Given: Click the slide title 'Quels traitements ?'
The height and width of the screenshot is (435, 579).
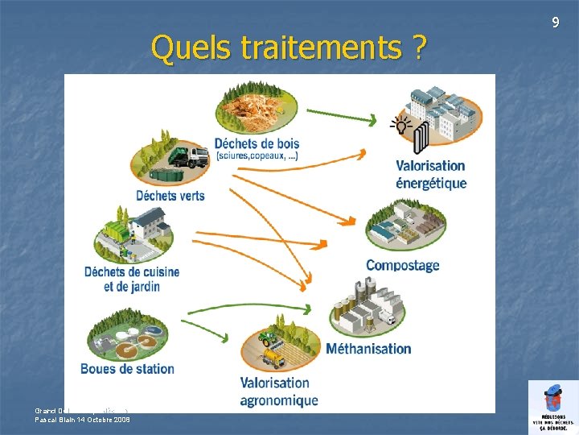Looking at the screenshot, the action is (x=288, y=48).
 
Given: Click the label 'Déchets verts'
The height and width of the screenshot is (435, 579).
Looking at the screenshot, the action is (x=170, y=195).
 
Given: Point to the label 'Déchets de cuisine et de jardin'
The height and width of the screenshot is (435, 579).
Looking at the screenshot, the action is (x=132, y=279).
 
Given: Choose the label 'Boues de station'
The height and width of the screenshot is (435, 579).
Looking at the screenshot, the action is (x=127, y=369).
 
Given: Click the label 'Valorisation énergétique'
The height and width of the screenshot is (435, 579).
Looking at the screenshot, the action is (x=430, y=174).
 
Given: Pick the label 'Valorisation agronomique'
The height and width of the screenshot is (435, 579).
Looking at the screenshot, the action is (x=278, y=391).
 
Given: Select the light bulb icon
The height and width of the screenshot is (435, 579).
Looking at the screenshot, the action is (x=398, y=124).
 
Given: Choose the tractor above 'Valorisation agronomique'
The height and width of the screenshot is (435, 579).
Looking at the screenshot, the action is (x=269, y=339).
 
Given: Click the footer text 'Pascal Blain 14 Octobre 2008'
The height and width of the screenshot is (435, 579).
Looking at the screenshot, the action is (x=82, y=419).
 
